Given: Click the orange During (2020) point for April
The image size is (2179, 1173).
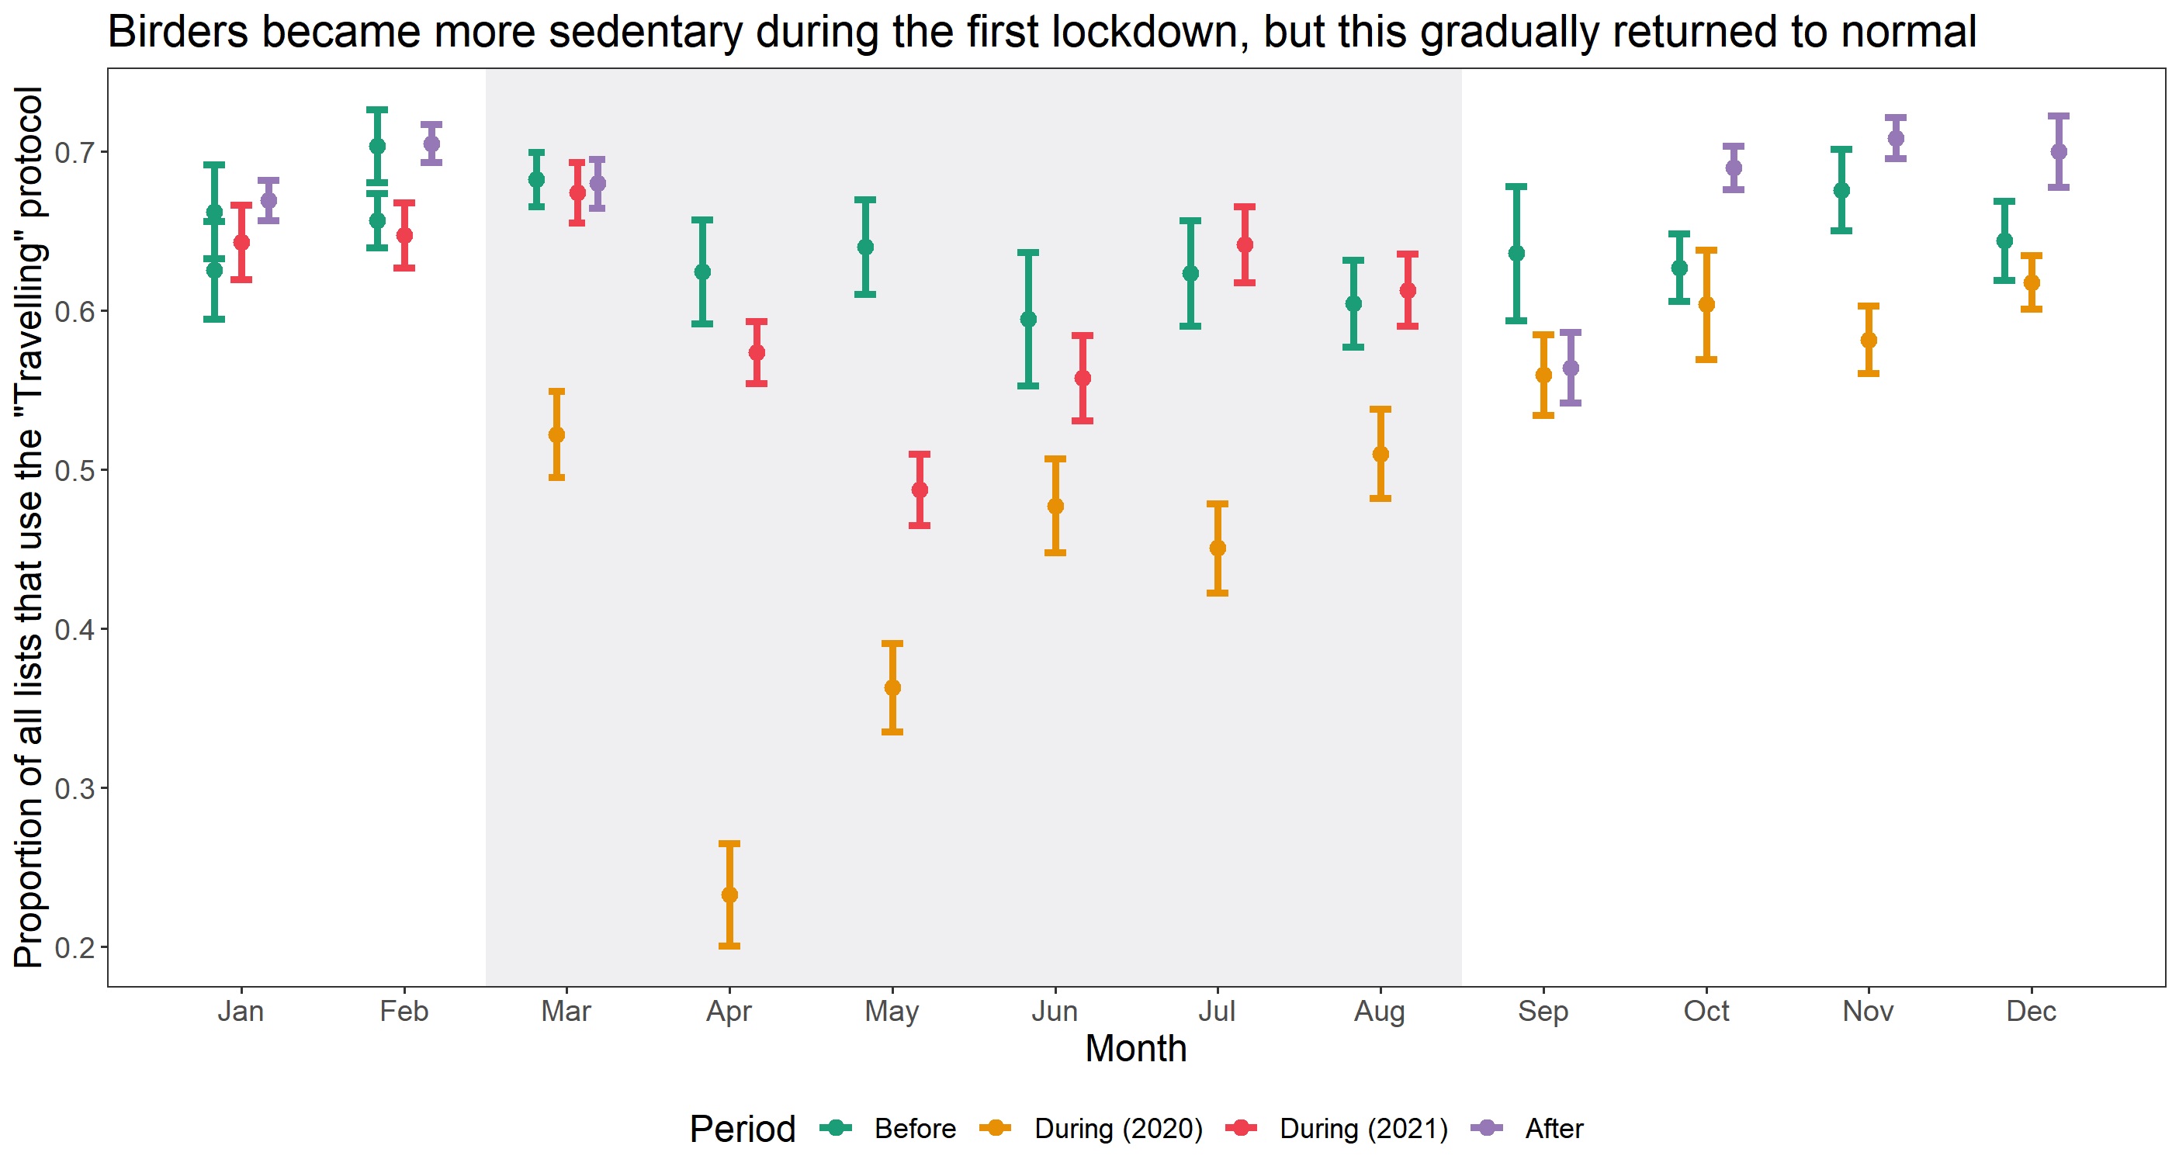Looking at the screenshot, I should coord(729,894).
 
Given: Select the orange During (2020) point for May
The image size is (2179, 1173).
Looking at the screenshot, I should coord(892,687).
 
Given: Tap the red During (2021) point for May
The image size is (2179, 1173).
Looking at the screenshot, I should coord(920,490).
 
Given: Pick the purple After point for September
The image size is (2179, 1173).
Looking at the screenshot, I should coord(1571,368).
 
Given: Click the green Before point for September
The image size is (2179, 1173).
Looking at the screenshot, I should coord(1516,253).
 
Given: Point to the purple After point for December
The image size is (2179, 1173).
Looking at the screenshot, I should coord(2059,151).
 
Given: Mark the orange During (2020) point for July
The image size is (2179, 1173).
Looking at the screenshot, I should coord(1218,548).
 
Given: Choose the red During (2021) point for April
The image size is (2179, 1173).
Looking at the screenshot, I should coord(757,351).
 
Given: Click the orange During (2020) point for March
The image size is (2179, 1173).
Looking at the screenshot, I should coord(556,434).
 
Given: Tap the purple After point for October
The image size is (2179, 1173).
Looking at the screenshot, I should coord(1734,168).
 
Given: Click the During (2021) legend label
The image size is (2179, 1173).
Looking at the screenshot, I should coord(1363,1129).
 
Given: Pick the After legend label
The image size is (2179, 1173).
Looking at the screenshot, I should coord(1554,1129).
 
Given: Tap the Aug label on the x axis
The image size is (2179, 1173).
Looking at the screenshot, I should coord(1380,1012).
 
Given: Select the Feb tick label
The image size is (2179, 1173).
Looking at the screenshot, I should coord(404,1012).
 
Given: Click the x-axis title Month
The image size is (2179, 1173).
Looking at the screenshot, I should coord(1136,1049).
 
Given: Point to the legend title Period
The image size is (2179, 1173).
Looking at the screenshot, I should coord(742,1129).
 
